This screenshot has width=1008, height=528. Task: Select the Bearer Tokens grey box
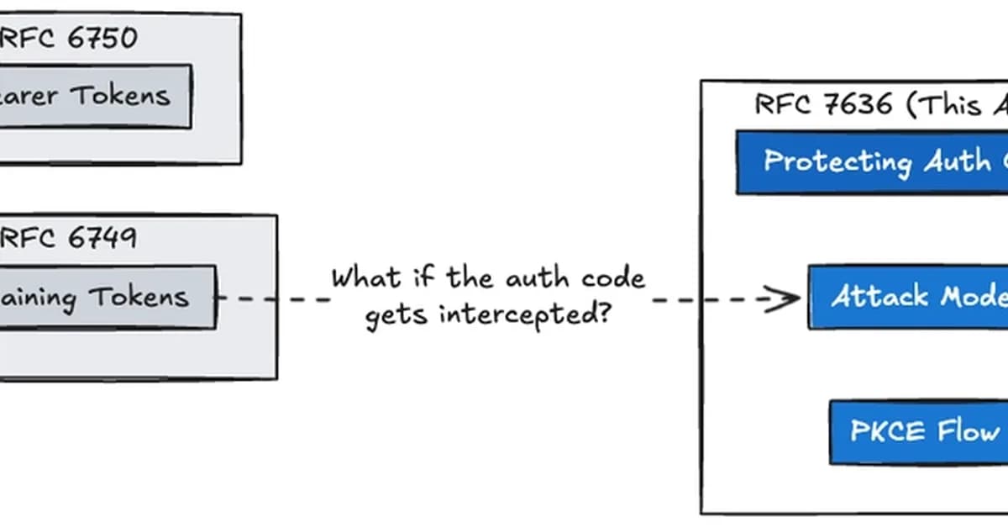click(92, 97)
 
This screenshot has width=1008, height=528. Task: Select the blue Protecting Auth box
click(874, 161)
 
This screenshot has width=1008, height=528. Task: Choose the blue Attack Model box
click(907, 297)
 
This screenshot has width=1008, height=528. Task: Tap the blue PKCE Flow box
click(919, 432)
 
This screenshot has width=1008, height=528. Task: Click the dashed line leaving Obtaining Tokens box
click(269, 298)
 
